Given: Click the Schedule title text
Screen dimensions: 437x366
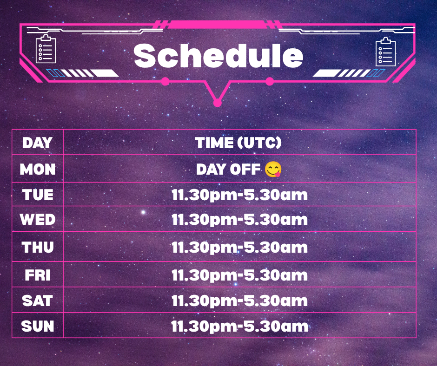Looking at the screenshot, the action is click(x=218, y=56).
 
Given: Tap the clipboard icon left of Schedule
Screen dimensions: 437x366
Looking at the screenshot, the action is click(x=46, y=48).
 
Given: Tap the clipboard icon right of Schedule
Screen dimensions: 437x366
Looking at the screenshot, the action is click(x=386, y=52).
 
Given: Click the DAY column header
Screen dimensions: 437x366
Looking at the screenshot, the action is click(x=37, y=143).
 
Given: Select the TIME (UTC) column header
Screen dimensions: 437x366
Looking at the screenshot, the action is click(x=238, y=143).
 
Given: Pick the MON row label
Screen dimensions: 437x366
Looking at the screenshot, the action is click(x=38, y=169).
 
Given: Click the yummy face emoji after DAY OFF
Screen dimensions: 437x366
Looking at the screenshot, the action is click(x=273, y=169).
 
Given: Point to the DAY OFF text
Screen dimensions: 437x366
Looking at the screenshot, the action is click(x=228, y=169).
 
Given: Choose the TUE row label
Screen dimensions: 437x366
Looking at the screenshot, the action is click(x=38, y=195).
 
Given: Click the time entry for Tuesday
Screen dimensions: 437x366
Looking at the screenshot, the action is click(x=239, y=195).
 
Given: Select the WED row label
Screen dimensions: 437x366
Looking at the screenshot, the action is click(x=38, y=219).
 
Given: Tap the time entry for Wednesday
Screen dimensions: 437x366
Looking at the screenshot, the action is click(x=239, y=220).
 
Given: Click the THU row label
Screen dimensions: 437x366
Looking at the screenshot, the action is click(x=38, y=247).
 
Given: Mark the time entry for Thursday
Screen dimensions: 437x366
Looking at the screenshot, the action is click(x=239, y=248).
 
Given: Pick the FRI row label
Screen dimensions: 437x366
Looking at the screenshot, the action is click(x=38, y=275).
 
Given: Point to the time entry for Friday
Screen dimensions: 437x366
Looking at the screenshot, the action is click(x=239, y=275).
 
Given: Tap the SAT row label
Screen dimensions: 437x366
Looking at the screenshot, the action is click(x=38, y=301).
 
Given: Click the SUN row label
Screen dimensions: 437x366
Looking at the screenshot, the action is click(x=38, y=326).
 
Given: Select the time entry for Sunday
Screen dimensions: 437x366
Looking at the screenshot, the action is click(x=239, y=326).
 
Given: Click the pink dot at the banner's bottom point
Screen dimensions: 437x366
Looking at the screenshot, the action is click(x=218, y=103).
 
